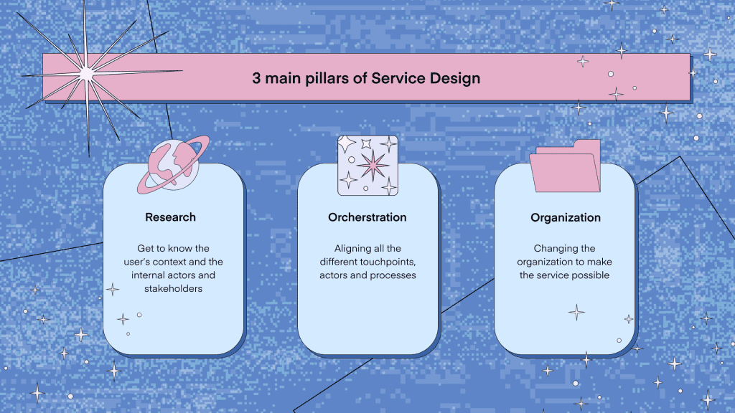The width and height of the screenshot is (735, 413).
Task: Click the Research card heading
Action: (170, 217)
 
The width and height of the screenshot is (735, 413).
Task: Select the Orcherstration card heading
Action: (367, 217)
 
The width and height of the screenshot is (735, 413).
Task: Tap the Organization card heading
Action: (566, 218)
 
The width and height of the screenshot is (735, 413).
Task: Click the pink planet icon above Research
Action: (174, 165)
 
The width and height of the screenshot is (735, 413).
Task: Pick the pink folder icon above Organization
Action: (566, 166)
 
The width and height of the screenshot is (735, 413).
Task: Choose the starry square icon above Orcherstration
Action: (368, 166)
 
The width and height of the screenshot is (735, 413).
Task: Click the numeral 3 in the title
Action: (256, 78)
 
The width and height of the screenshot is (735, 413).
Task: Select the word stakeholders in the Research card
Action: (173, 288)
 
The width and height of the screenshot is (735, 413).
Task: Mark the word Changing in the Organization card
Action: (551, 249)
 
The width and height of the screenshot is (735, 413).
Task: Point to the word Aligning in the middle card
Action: (350, 249)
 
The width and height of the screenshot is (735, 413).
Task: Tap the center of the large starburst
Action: (87, 74)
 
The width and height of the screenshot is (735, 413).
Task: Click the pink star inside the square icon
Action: (373, 165)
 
